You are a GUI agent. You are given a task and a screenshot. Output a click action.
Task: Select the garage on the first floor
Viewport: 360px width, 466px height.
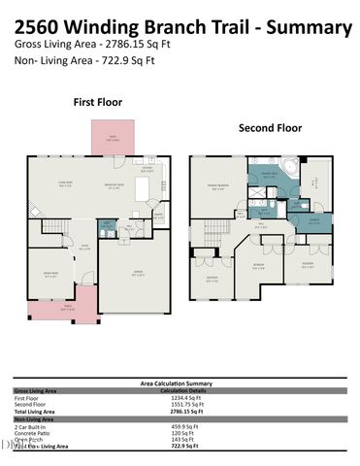tap(134, 275)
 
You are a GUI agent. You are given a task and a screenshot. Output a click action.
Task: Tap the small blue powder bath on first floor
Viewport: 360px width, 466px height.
tap(109, 229)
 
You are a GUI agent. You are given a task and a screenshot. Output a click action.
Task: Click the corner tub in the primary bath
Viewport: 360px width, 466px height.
tap(292, 171)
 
